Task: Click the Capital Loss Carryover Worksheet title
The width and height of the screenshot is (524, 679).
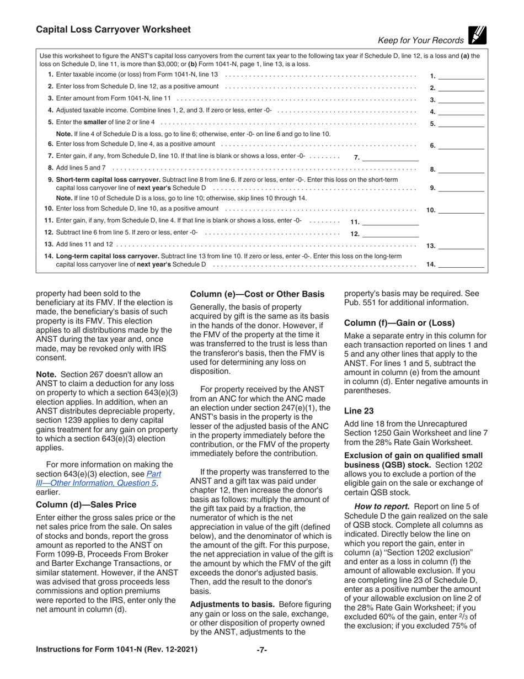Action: click(113, 30)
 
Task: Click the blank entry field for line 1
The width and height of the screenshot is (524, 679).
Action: click(461, 76)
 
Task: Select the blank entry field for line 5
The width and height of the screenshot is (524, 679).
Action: click(461, 123)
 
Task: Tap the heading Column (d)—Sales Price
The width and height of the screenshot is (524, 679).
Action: click(85, 505)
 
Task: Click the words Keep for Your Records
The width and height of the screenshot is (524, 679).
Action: click(420, 40)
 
